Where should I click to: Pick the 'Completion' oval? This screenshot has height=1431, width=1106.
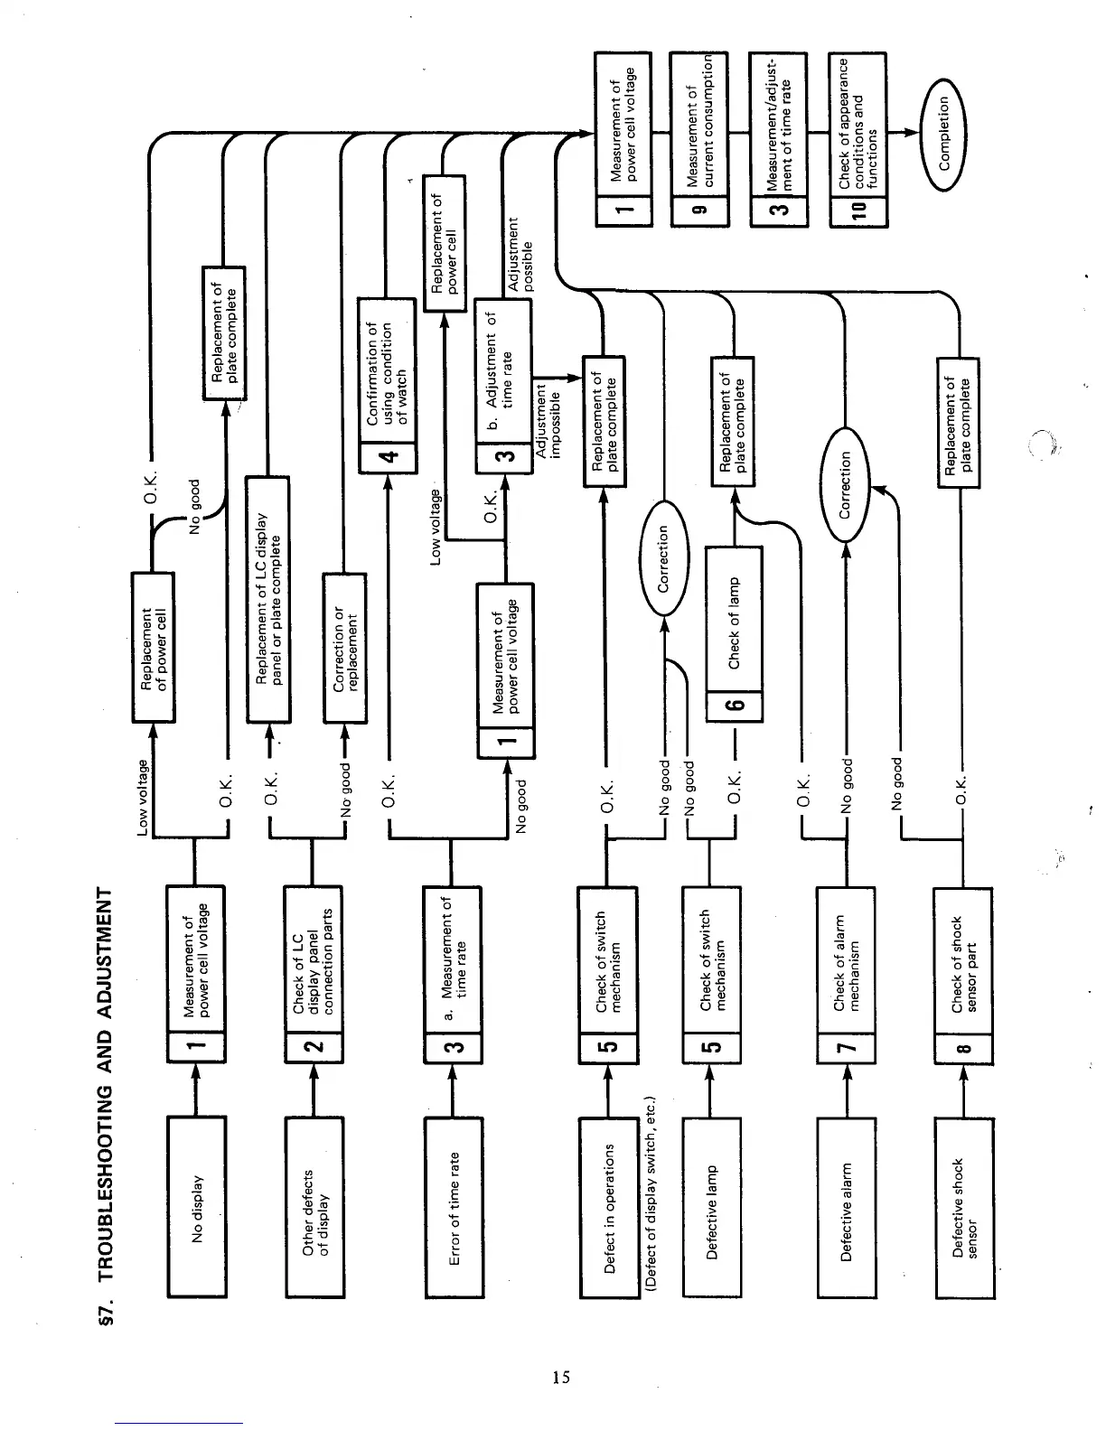(x=943, y=134)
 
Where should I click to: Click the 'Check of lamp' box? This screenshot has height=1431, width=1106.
(x=734, y=622)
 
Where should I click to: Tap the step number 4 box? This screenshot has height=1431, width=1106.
(x=388, y=458)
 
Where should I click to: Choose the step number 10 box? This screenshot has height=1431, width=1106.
(x=858, y=210)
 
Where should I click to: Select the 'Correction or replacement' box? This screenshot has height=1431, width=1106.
(x=345, y=649)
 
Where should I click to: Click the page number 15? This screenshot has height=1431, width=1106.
(x=561, y=1378)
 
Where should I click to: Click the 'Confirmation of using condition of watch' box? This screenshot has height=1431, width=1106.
(x=388, y=372)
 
